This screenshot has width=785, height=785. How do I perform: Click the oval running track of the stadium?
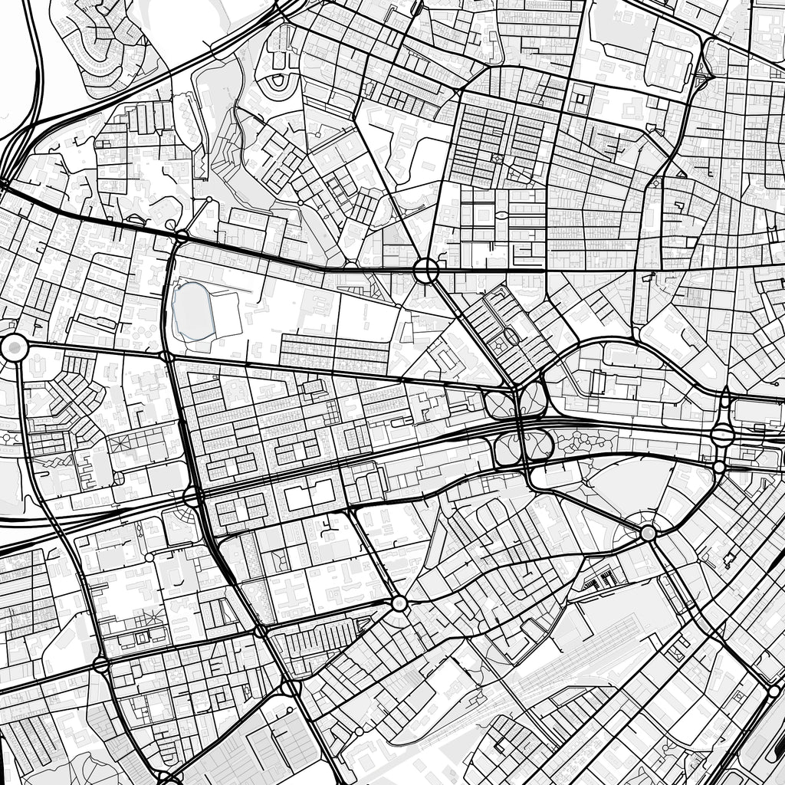coord(192,311)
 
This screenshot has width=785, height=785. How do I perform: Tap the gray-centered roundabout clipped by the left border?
coord(13,348)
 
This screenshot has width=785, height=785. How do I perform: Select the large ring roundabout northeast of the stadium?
coord(425,271)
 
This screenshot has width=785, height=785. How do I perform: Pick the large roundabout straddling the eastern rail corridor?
coord(722,435)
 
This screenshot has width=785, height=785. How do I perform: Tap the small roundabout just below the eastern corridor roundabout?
coord(718,467)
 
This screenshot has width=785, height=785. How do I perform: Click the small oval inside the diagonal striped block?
coord(511,336)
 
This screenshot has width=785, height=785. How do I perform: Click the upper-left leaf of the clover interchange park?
coord(500,402)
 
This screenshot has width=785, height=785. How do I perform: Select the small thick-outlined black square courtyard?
coord(580,97)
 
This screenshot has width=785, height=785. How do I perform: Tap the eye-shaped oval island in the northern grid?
coord(501,215)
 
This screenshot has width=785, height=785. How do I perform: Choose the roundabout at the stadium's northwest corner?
coord(182,235)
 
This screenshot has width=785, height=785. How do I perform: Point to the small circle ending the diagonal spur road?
coord(209,200)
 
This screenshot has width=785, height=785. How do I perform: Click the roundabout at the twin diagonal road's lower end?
coord(399,603)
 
